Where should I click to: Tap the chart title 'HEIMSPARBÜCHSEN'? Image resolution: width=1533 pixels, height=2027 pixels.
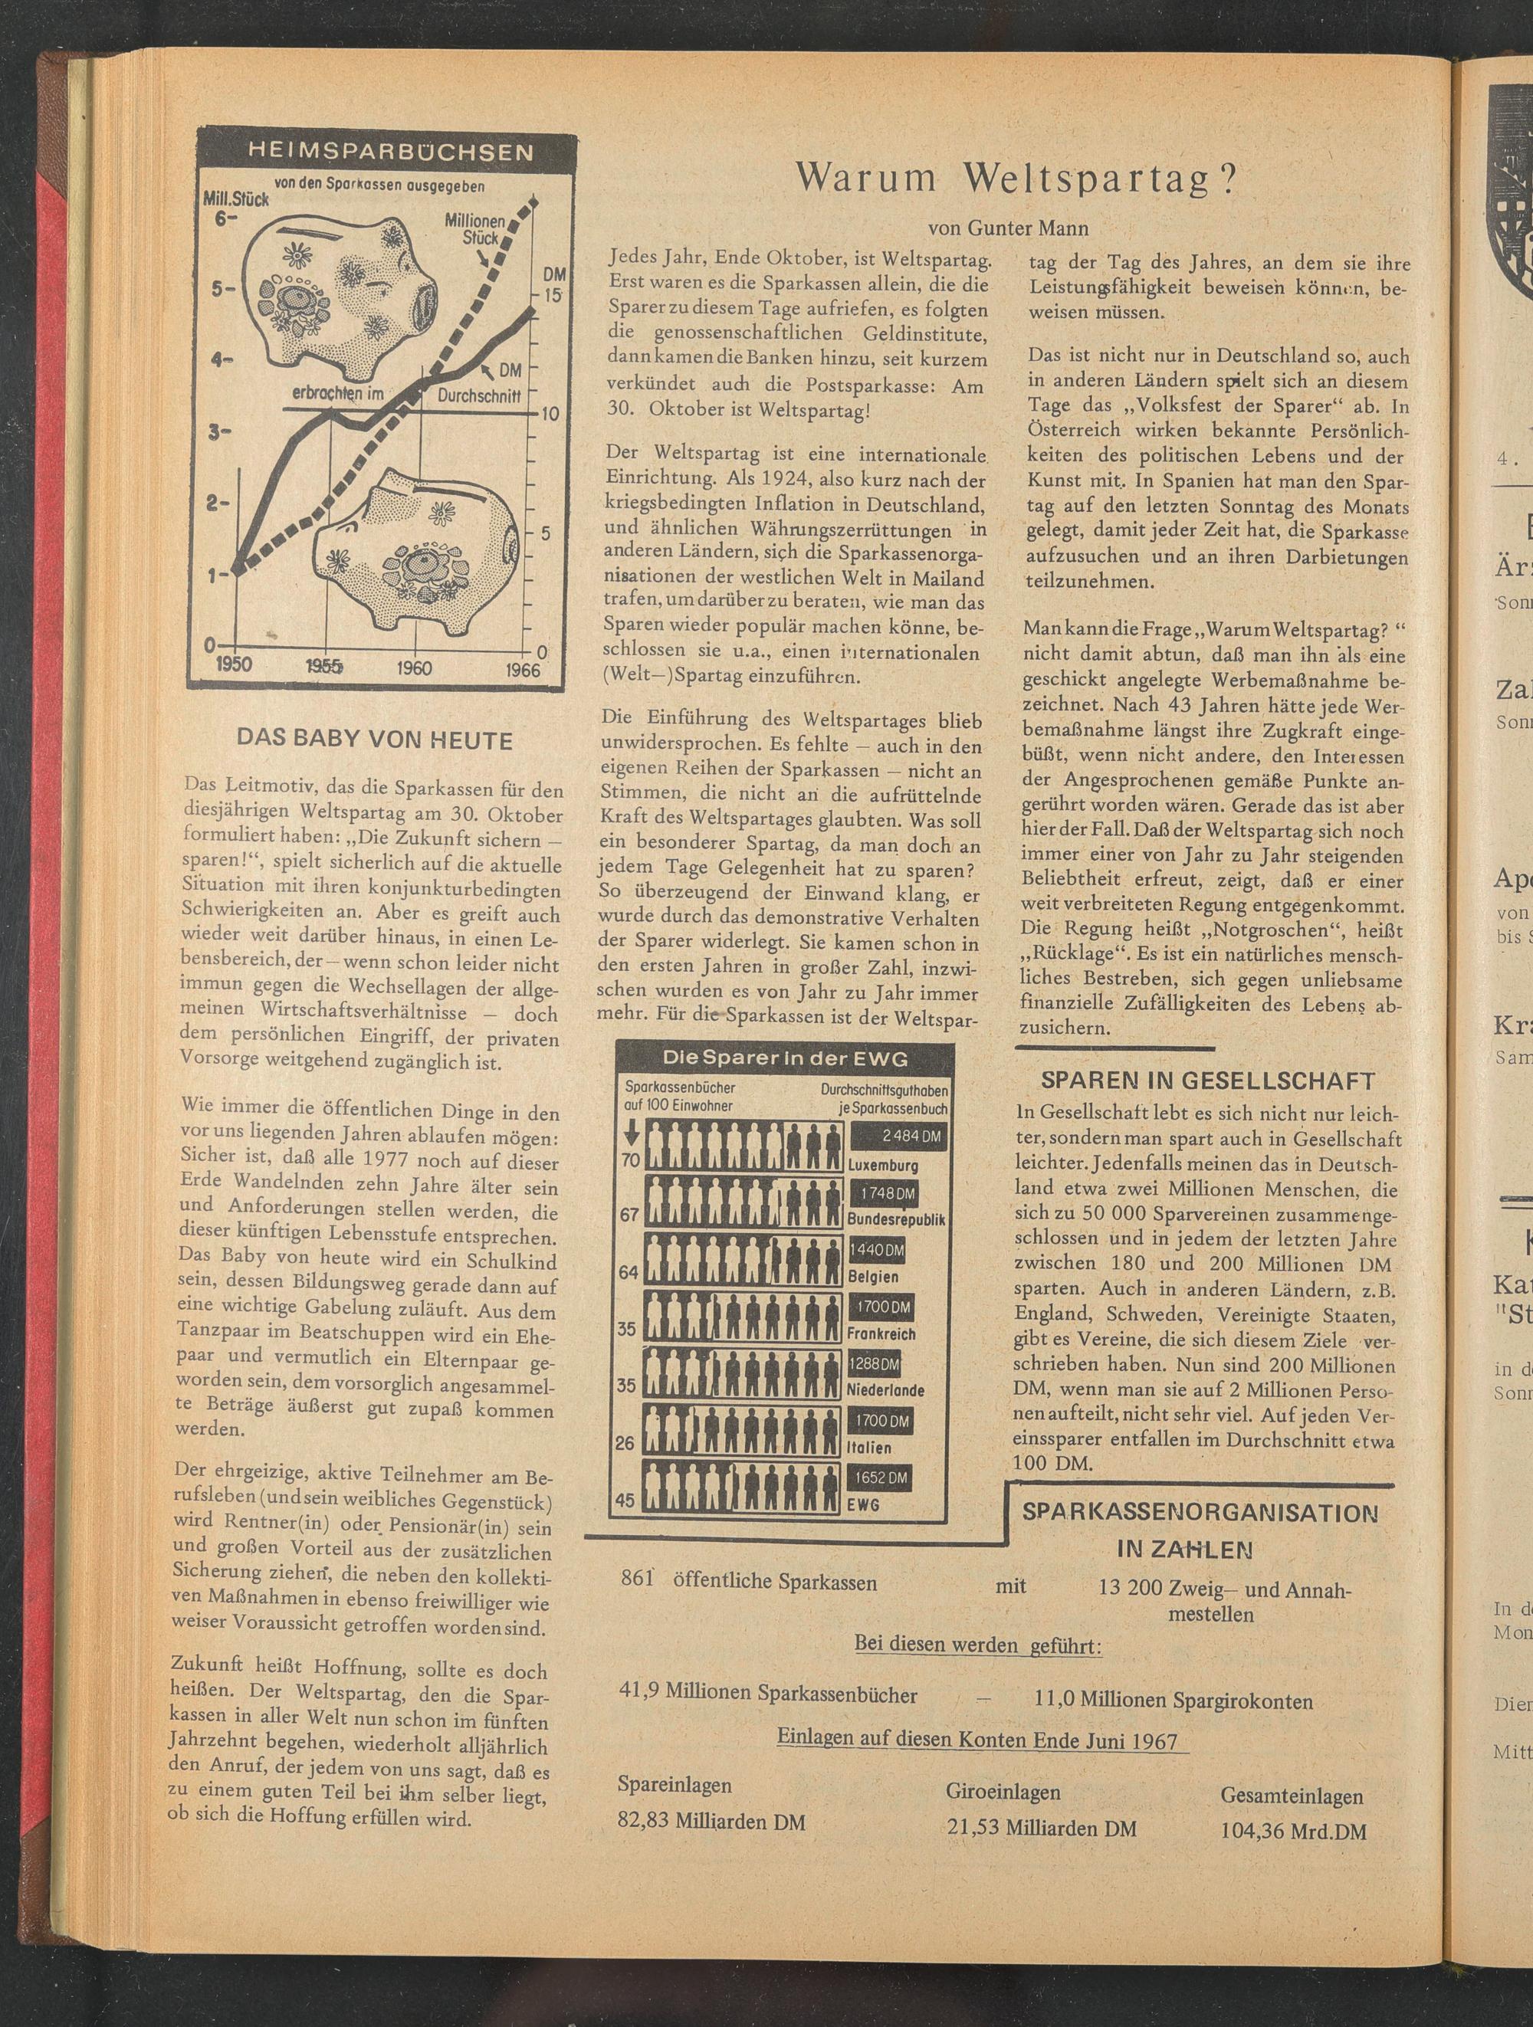point(390,152)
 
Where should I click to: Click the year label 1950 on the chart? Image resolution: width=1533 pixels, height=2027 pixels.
point(234,665)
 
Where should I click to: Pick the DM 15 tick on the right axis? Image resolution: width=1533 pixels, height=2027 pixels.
point(553,295)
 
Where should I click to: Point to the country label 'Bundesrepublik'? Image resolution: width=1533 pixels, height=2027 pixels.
point(895,1220)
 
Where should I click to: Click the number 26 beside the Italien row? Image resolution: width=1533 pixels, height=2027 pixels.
point(625,1443)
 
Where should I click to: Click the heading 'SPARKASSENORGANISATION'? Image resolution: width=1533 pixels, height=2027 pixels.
point(1200,1513)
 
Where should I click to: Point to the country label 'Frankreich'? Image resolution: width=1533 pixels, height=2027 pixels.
point(881,1333)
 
